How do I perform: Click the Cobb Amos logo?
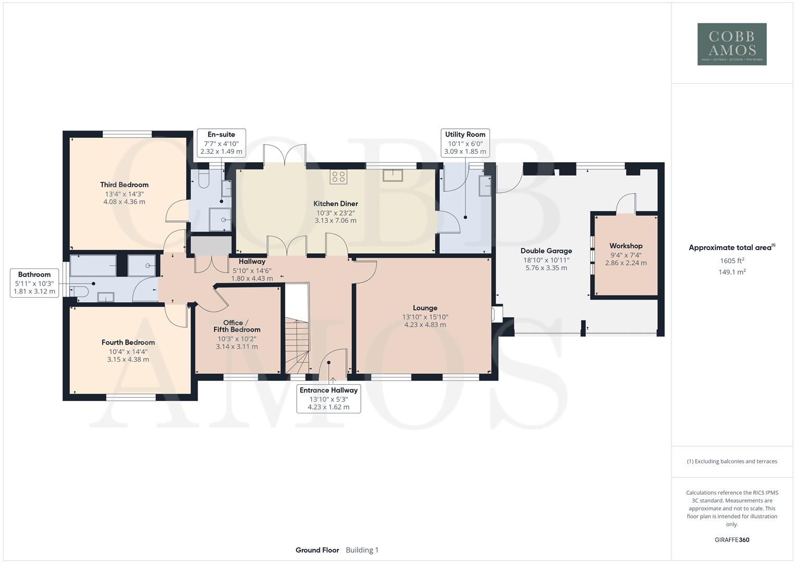point(732,44)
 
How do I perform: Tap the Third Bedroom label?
point(124,185)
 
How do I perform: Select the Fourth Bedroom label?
point(128,342)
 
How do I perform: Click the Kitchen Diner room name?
point(335,204)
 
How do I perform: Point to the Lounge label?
point(425,308)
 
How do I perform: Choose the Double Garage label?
point(546,251)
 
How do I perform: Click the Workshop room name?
point(626,246)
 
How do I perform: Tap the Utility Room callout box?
point(465,143)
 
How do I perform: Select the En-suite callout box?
point(221,143)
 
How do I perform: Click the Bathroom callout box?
point(34,283)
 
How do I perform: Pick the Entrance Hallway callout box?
point(328,398)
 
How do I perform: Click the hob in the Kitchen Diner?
point(338,177)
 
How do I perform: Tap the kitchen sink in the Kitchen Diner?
point(393,175)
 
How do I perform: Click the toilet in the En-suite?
point(204,179)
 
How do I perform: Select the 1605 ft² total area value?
point(732,261)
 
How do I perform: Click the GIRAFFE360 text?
point(732,540)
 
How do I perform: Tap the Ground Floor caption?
point(317,550)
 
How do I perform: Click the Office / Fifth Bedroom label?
point(237,326)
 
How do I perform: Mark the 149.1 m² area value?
point(732,272)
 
